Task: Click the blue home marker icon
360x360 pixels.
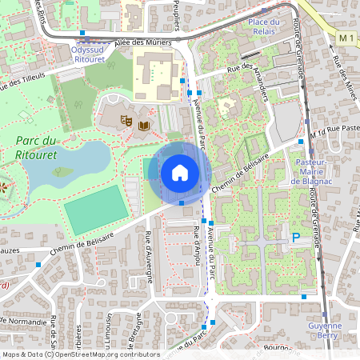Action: [x=180, y=173]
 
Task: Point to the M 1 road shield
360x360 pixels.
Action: [x=346, y=38]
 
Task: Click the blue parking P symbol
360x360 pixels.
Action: [x=295, y=238]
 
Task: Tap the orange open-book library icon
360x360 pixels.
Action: [x=144, y=126]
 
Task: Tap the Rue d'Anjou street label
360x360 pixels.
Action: [x=196, y=241]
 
